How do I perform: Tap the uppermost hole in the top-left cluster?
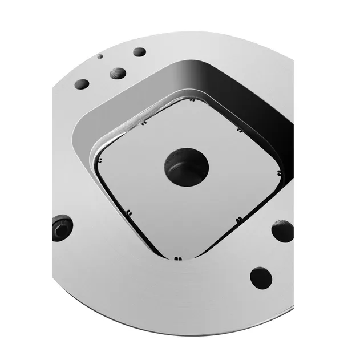click(x=139, y=52)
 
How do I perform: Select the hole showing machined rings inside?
click(x=118, y=73)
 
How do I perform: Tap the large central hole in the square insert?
click(x=187, y=167)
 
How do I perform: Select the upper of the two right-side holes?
click(x=283, y=232)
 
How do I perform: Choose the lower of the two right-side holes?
click(x=260, y=277)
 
